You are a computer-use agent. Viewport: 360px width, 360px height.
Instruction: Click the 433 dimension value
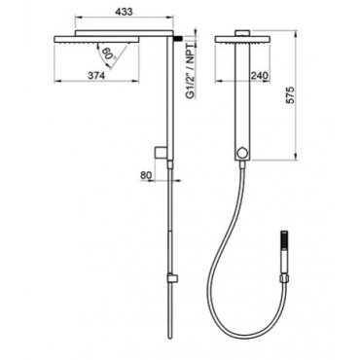click(124, 12)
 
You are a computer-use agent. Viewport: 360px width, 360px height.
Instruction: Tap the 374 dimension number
click(96, 76)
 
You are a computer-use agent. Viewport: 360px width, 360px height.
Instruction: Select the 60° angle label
click(108, 54)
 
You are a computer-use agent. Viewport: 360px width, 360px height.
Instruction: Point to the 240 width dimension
click(260, 76)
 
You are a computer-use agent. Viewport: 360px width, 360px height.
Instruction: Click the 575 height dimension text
click(291, 95)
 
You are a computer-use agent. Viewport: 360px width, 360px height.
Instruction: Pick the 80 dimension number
click(146, 175)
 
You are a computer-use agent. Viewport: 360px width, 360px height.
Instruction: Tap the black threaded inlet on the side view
click(177, 38)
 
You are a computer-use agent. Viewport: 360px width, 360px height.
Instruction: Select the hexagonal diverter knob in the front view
click(241, 152)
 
